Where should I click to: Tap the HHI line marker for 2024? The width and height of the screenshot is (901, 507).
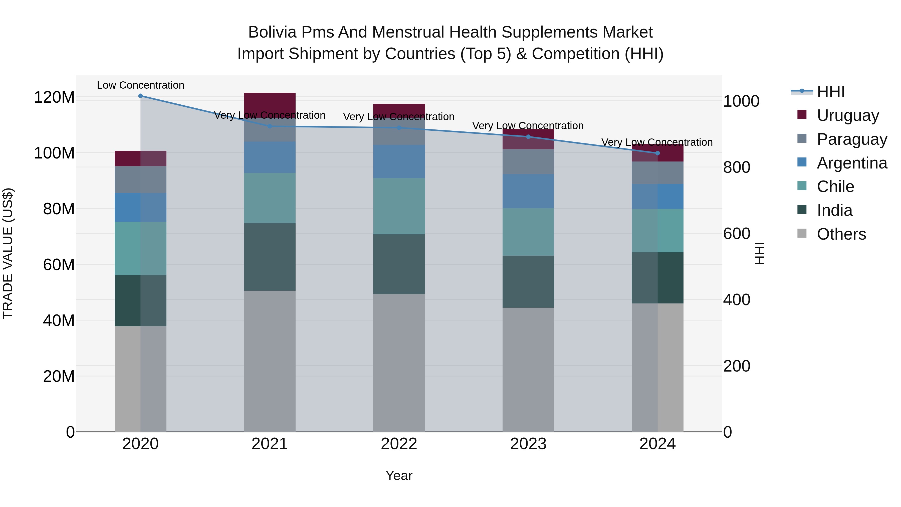click(x=657, y=153)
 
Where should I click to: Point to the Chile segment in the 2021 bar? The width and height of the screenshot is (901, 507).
click(x=269, y=198)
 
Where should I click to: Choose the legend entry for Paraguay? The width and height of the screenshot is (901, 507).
click(x=852, y=139)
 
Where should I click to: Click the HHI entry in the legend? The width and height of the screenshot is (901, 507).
click(x=830, y=92)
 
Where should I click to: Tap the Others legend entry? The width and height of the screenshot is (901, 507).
click(x=841, y=234)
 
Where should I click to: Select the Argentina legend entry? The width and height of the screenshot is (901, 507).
click(x=852, y=163)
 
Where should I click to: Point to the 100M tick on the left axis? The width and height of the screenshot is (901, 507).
click(x=54, y=153)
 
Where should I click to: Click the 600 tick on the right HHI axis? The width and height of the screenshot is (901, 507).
click(x=736, y=233)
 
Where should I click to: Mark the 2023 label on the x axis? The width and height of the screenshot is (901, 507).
click(x=528, y=444)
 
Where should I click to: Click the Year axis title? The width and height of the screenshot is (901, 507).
click(x=399, y=475)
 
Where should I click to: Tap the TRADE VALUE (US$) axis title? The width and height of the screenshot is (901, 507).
click(x=8, y=253)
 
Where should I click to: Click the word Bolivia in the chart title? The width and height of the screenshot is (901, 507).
click(x=272, y=32)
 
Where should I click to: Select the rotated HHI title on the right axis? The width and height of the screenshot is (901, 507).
click(x=759, y=253)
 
